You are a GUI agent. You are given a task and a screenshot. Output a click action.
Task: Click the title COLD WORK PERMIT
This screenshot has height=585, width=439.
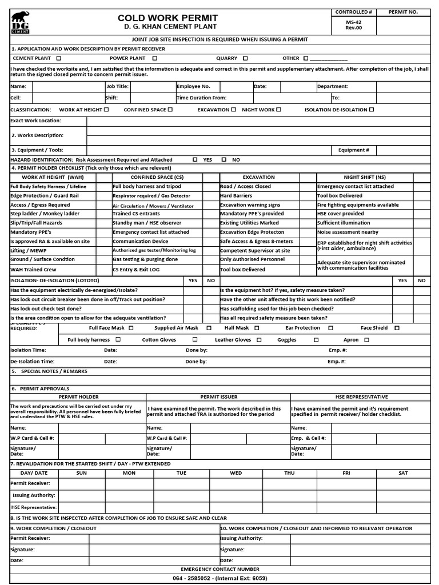[167, 18]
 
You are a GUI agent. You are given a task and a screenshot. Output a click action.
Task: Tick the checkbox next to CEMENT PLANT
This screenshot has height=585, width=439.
[59, 58]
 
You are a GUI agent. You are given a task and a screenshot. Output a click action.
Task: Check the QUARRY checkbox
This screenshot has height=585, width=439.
[245, 58]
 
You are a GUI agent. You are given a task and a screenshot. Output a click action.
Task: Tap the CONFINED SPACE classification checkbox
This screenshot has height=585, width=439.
[171, 109]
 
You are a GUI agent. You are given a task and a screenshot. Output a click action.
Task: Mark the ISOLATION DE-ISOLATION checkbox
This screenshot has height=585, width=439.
[372, 109]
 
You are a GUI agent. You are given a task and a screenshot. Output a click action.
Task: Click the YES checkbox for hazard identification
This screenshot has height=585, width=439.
[196, 160]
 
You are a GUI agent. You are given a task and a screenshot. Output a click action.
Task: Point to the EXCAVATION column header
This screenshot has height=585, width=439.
[258, 177]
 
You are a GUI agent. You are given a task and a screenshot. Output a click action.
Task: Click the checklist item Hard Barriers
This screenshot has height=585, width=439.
[236, 195]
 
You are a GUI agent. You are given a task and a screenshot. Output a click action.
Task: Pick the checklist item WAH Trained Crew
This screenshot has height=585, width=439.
[33, 269]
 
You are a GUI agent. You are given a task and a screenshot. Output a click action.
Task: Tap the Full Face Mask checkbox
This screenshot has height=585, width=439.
[131, 328]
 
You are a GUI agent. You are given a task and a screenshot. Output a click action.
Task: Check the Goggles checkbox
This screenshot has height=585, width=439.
[316, 340]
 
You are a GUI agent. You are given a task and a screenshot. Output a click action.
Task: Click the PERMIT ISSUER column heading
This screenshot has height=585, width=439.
[218, 396]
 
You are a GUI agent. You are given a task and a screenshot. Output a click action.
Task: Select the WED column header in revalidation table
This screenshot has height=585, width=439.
[236, 473]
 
